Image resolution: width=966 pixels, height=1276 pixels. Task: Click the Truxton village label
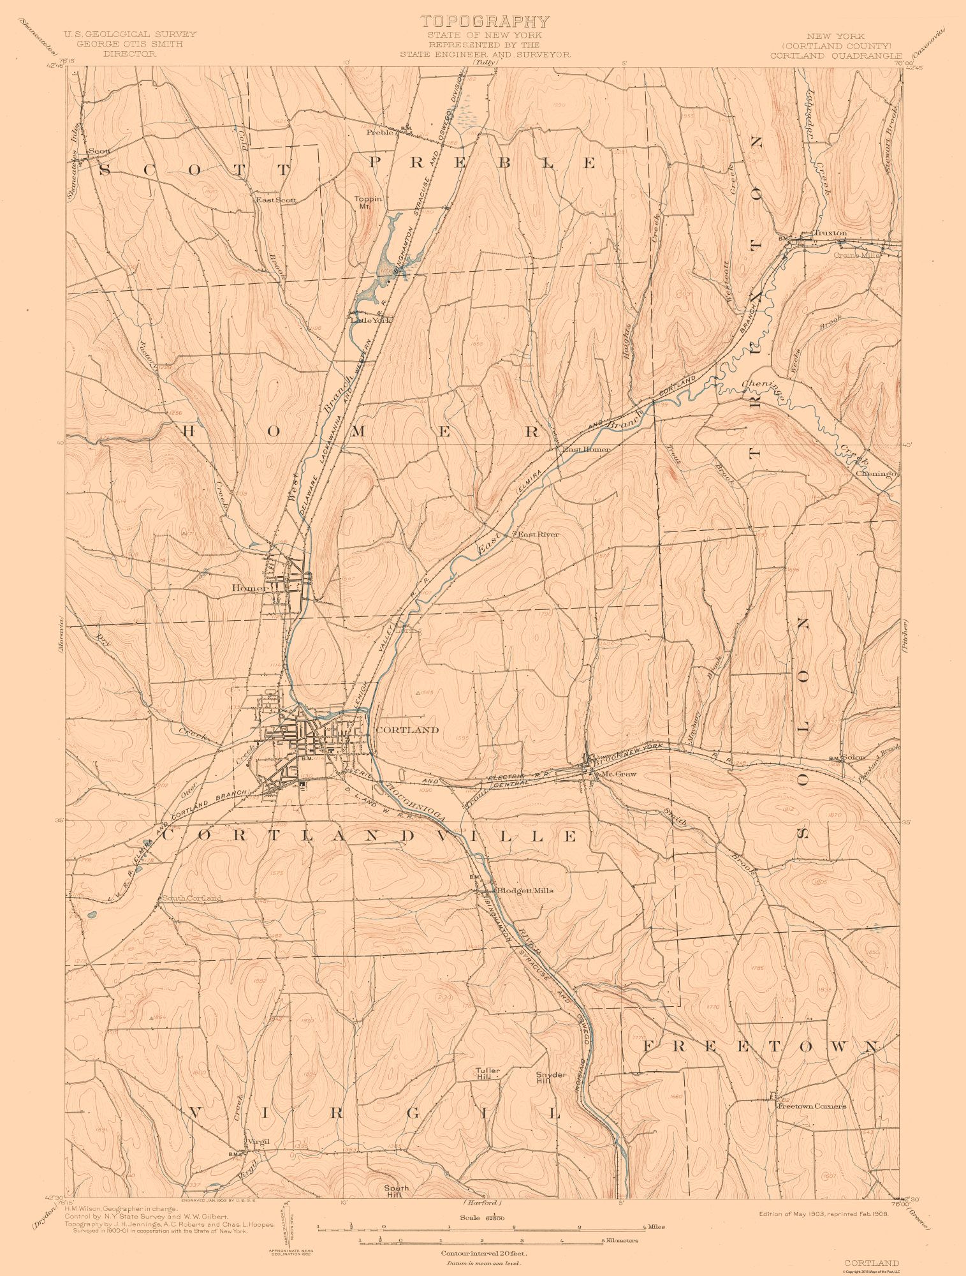click(x=830, y=234)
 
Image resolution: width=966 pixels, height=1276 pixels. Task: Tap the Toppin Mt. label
click(x=369, y=202)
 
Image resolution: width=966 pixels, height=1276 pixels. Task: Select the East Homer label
click(x=585, y=449)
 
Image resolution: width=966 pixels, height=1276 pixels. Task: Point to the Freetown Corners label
click(x=811, y=1106)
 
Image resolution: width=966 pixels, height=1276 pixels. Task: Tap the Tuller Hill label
click(x=488, y=1074)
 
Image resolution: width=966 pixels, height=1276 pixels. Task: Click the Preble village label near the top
click(x=381, y=133)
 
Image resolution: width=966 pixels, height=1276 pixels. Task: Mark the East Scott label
click(x=276, y=200)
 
